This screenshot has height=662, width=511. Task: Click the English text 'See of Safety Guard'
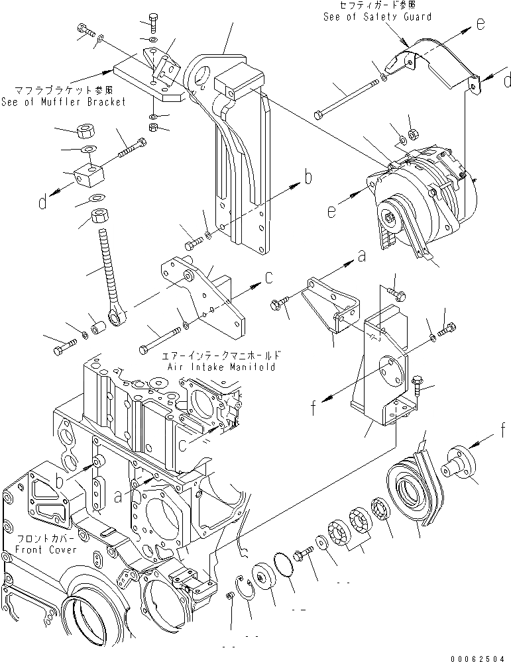pos(377,17)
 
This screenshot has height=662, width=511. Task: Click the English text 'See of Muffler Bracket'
pos(64,102)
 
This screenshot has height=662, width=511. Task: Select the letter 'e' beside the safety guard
pos(480,24)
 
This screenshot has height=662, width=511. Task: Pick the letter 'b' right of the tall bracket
pos(308,177)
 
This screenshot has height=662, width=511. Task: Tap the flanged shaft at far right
pos(460,467)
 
